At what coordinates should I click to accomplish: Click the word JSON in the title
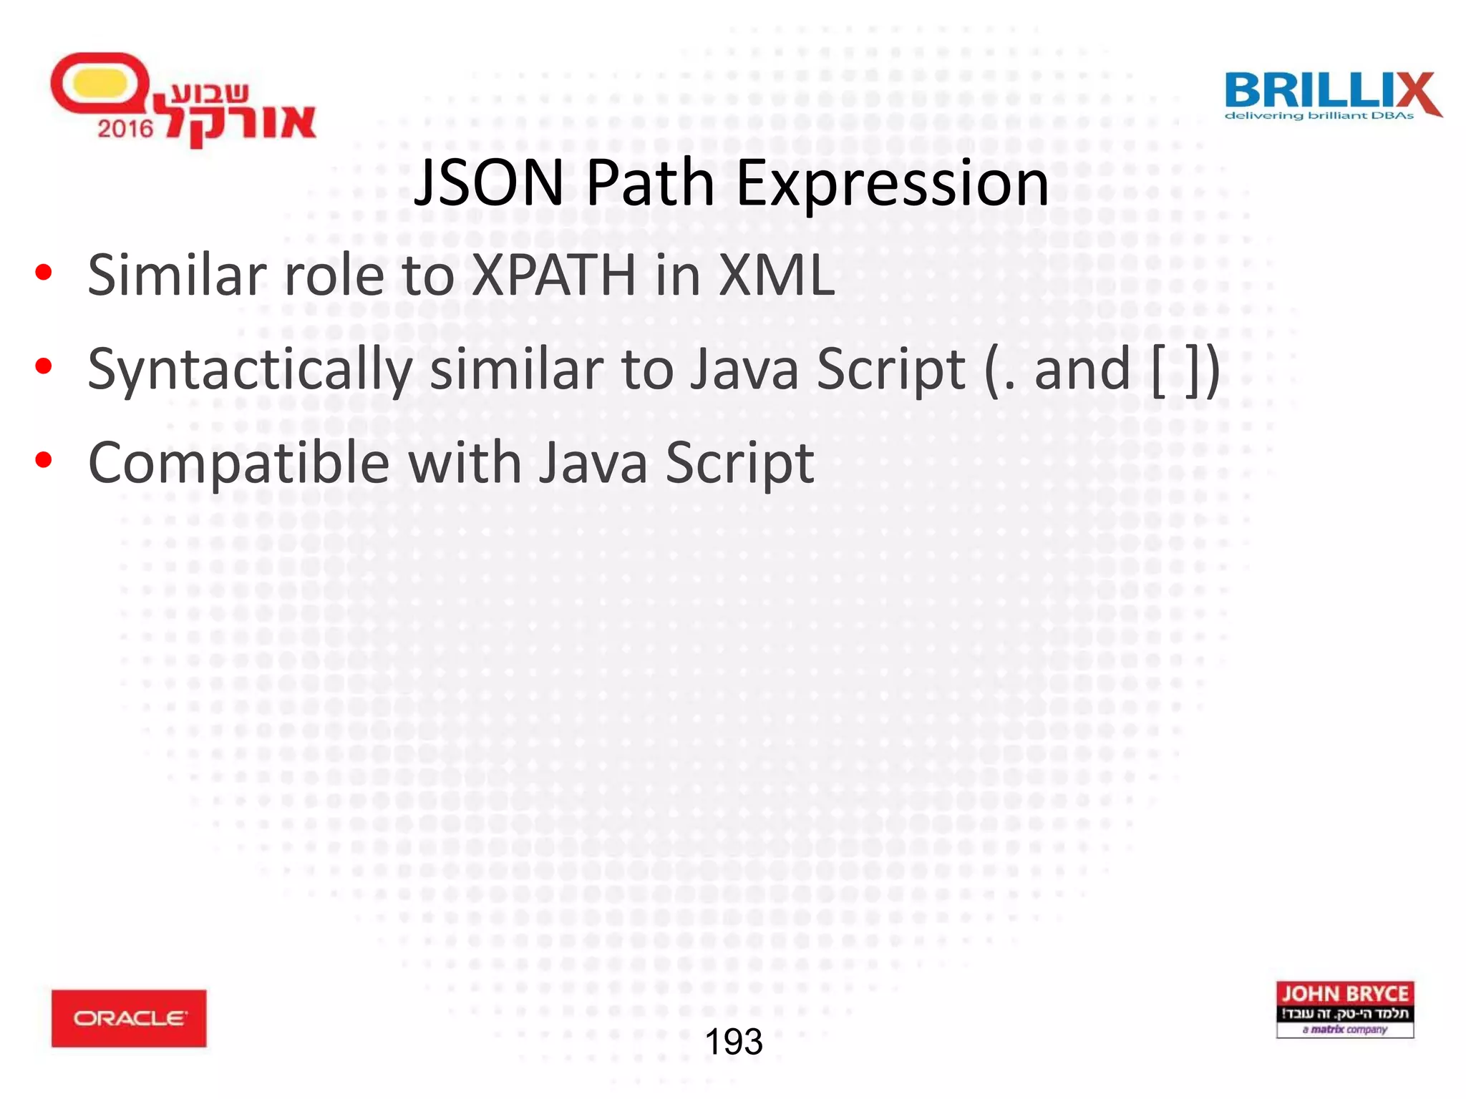[489, 183]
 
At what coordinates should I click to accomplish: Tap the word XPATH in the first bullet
[554, 275]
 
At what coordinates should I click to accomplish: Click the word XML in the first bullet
[776, 275]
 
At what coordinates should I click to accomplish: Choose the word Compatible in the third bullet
[238, 464]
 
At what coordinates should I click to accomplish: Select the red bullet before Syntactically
[44, 366]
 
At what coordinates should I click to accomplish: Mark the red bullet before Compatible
[44, 460]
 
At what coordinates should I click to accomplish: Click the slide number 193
[734, 1042]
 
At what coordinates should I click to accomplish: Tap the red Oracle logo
[129, 1018]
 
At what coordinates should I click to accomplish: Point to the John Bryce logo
[1344, 1010]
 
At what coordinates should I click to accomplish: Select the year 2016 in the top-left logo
[125, 129]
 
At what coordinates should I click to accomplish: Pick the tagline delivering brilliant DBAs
[1319, 116]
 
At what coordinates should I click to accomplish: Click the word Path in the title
[650, 183]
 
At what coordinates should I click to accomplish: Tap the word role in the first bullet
[334, 275]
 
